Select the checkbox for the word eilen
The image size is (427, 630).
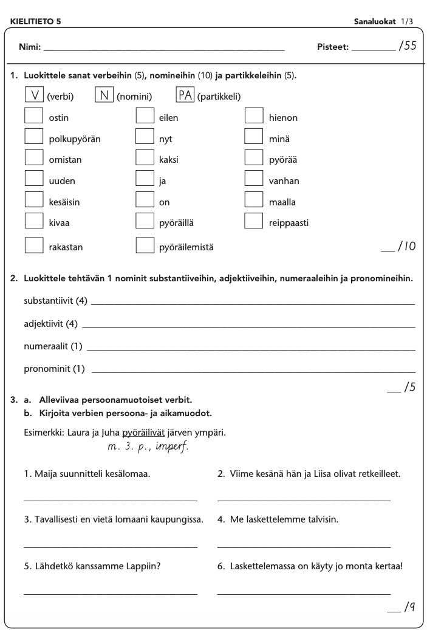point(145,117)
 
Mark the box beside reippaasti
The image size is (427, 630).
point(254,222)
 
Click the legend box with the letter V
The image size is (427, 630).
point(34,96)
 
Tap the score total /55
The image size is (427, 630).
point(407,46)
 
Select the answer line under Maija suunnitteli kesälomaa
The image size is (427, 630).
point(110,501)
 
